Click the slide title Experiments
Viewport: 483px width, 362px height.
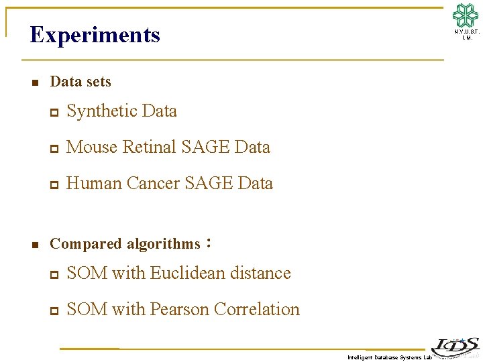(x=95, y=34)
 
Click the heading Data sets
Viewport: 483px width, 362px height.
(x=80, y=82)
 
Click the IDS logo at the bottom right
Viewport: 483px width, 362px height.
(x=455, y=346)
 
